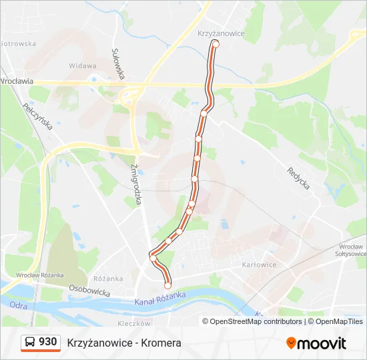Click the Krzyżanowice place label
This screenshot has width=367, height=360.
click(222, 33)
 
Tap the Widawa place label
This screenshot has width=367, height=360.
click(83, 66)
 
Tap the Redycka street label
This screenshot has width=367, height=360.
click(298, 177)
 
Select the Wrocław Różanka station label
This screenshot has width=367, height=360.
click(40, 275)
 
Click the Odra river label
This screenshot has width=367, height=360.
click(18, 305)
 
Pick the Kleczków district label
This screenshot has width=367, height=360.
click(133, 323)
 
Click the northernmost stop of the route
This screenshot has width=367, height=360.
click(215, 43)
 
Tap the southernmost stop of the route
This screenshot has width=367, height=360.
click(167, 285)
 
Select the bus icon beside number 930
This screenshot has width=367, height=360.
click(30, 343)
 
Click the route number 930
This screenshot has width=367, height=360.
click(47, 342)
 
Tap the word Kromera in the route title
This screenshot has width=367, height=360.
click(161, 343)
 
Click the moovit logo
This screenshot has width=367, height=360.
click(316, 343)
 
